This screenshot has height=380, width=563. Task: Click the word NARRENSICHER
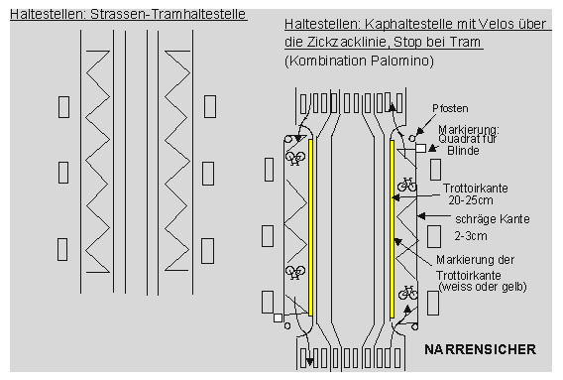pos(480,349)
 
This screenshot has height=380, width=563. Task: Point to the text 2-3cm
pos(462,237)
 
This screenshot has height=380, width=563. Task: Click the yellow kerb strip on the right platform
pos(392,226)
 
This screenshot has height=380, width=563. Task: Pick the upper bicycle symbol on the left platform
pos(294,157)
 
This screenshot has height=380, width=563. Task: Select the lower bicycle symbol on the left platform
pos(294,272)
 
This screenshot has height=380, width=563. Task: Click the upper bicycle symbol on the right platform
pos(406,184)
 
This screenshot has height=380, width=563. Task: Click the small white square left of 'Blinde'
pos(421,148)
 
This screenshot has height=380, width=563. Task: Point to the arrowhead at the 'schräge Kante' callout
pos(419,215)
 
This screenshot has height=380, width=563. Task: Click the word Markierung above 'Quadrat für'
pos(461,129)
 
